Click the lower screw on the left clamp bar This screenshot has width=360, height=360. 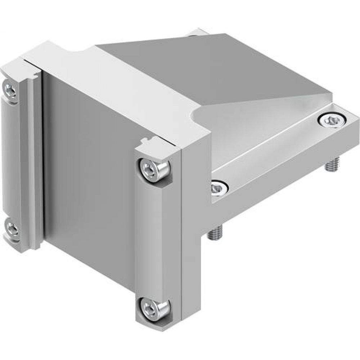[x=12, y=229]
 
